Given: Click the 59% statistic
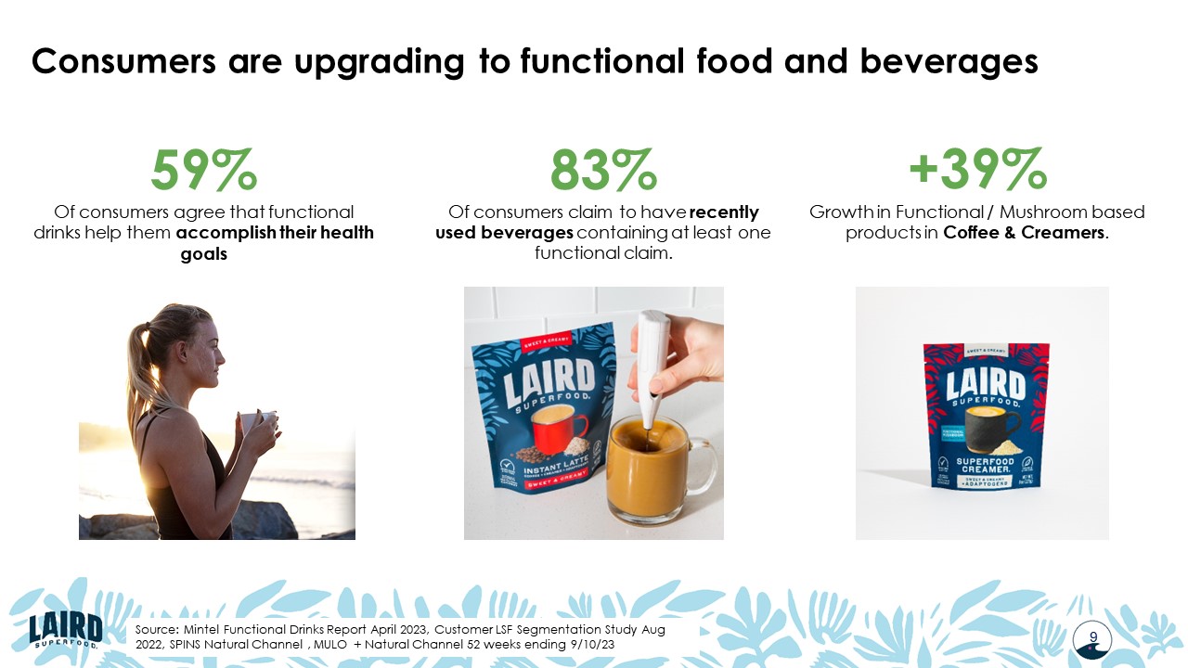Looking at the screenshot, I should pyautogui.click(x=204, y=169).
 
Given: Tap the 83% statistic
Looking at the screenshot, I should pyautogui.click(x=602, y=169).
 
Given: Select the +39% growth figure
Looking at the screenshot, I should pyautogui.click(x=977, y=169).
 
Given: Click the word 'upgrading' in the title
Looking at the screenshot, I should pyautogui.click(x=357, y=61).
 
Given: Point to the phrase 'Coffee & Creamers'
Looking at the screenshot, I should pyautogui.click(x=1024, y=233).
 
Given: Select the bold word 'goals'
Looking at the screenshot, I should pyautogui.click(x=203, y=253).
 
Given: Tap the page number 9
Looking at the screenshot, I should pyautogui.click(x=1093, y=636).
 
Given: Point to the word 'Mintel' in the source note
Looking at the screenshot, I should pyautogui.click(x=206, y=630).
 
